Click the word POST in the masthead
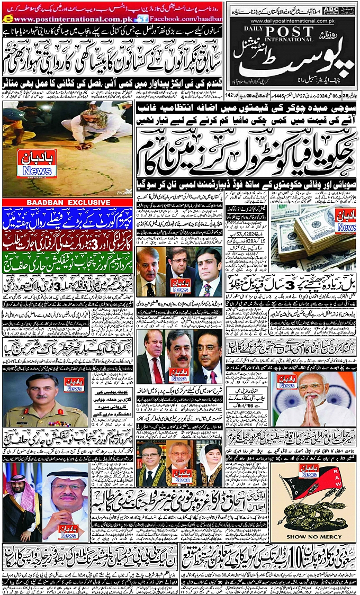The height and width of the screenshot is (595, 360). [276, 31]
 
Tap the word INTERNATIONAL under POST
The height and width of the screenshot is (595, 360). [276, 40]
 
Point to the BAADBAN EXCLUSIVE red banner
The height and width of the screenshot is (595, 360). [68, 202]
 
